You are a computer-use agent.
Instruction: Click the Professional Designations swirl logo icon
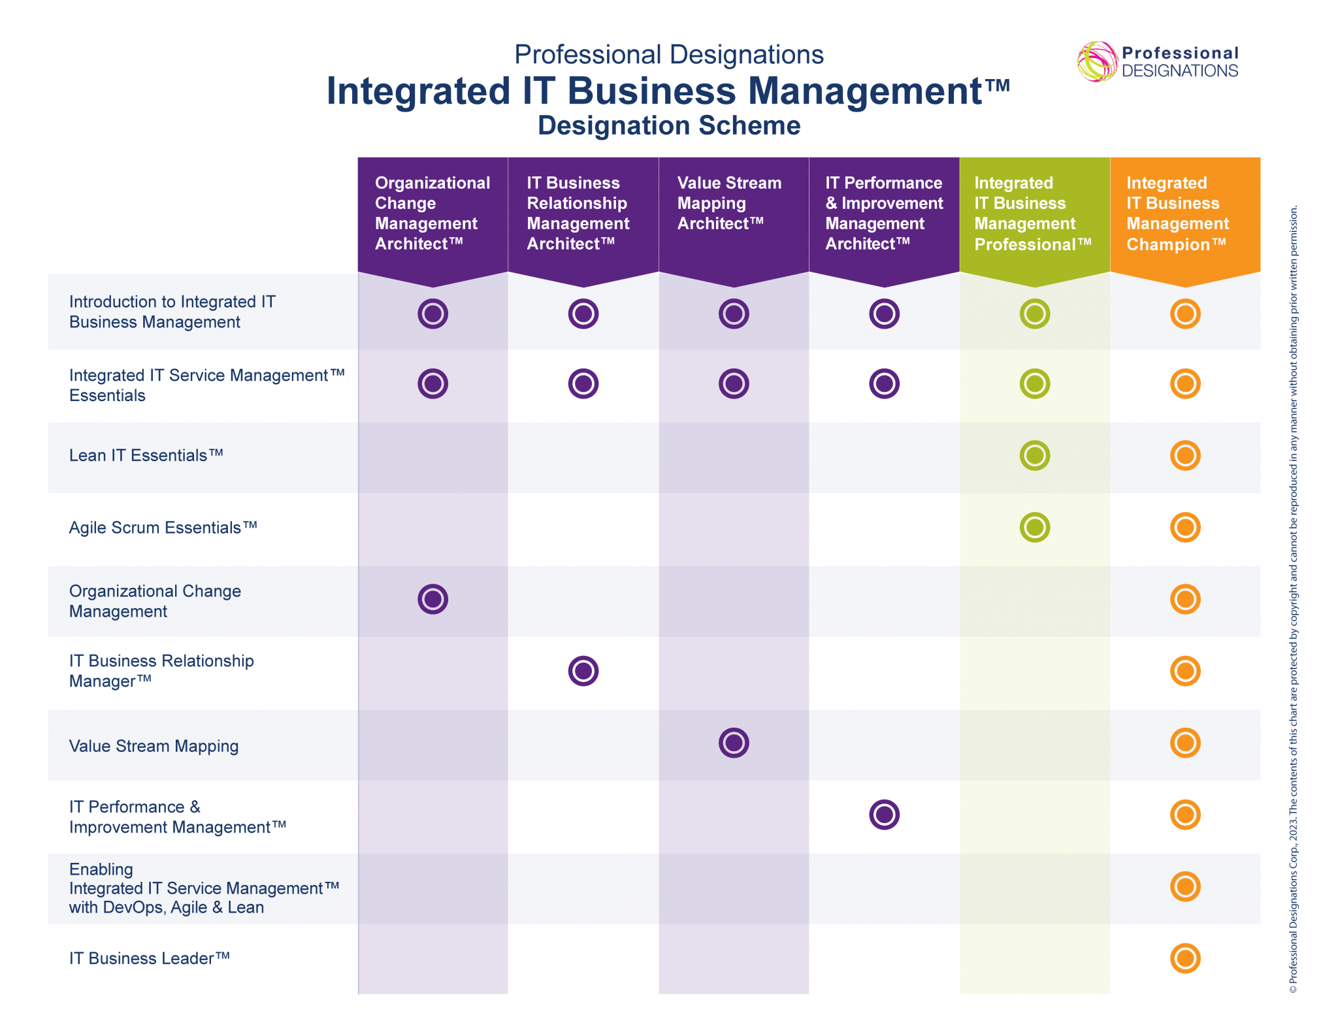1097,62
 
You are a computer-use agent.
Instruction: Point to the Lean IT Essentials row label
146,455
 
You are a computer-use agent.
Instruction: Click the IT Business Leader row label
150,958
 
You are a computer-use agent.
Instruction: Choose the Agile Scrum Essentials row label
163,527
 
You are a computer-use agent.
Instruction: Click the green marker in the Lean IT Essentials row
1034,455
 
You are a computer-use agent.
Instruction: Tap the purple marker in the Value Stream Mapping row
734,743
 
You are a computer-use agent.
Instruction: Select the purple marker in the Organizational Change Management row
432,599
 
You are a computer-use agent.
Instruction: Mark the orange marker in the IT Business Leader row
1185,958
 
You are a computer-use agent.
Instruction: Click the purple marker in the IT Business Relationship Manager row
583,671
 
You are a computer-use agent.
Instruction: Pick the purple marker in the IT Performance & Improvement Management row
884,815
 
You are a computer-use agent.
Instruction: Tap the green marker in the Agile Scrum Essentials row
1034,527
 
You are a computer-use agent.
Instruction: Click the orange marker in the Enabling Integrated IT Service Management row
1185,886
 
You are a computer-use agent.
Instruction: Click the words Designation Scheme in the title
669,125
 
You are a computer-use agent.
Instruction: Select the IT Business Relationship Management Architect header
578,214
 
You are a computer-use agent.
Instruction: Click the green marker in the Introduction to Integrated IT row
1034,314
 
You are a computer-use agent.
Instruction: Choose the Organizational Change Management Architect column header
431,214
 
